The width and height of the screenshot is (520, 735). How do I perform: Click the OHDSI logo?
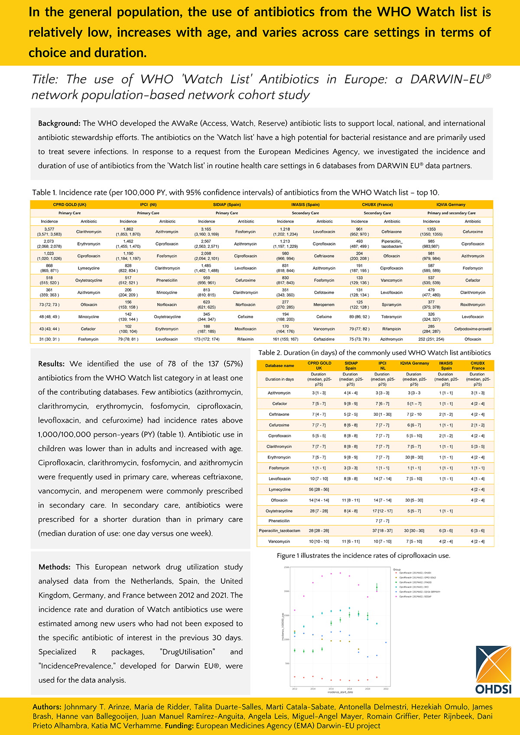pos(494,670)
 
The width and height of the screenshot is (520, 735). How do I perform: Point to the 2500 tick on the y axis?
pos(286,567)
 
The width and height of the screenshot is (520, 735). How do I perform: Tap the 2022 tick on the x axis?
pos(386,689)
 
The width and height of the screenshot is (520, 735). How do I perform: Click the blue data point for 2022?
pos(386,642)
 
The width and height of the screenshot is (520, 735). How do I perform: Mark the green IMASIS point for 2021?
pos(377,587)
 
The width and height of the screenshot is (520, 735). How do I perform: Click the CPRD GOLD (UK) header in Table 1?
pos(70,204)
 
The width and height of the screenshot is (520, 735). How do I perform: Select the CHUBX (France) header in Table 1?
pos(377,204)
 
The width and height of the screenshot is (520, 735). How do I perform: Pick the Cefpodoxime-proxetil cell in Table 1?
pos(473,329)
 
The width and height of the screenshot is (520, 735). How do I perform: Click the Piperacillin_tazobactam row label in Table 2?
pos(279,531)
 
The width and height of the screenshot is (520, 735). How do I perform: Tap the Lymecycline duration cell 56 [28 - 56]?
pos(318,489)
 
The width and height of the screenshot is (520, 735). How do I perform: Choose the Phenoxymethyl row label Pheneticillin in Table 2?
pos(279,521)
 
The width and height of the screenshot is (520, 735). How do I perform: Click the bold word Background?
pos(59,123)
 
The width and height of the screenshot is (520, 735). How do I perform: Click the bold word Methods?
pos(54,567)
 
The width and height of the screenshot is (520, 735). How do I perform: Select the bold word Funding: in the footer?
pos(179,725)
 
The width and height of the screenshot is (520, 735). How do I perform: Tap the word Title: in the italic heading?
pos(45,79)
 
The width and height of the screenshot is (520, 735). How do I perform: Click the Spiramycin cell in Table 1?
pos(391,304)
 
